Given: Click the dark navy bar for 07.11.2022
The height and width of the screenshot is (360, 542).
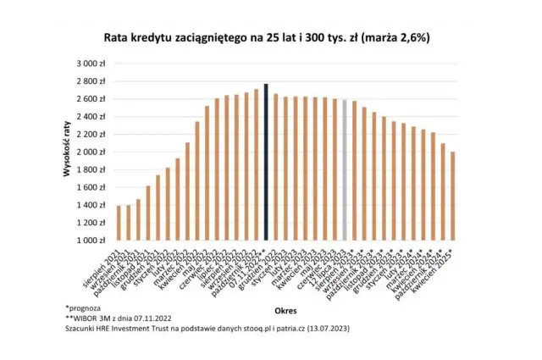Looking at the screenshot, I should [266, 162].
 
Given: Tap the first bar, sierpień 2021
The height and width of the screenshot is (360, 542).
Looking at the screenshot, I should [119, 223].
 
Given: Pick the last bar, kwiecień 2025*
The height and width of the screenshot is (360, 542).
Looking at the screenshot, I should [454, 196].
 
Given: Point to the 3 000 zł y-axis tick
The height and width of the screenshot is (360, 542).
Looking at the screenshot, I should [91, 64].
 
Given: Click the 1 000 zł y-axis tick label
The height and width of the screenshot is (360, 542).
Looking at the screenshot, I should [91, 241].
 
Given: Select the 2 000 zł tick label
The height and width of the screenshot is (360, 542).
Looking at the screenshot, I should [91, 152].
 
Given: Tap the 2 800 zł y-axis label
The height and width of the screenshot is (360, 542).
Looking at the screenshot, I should [91, 81].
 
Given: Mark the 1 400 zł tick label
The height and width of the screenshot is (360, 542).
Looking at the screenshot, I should [91, 205].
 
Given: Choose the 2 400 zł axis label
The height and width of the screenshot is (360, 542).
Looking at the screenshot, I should [91, 117].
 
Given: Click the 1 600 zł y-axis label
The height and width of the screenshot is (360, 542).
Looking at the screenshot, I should [91, 187].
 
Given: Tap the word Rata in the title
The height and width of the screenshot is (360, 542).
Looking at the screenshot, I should [117, 37].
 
